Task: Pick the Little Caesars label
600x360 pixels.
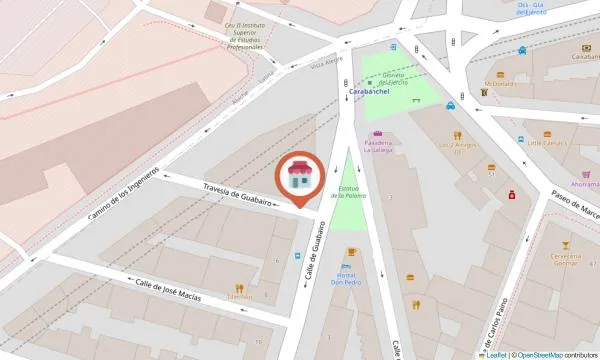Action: click(547, 143)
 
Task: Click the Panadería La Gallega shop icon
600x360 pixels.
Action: click(377, 134)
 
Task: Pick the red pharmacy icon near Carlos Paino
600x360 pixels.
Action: click(512, 194)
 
